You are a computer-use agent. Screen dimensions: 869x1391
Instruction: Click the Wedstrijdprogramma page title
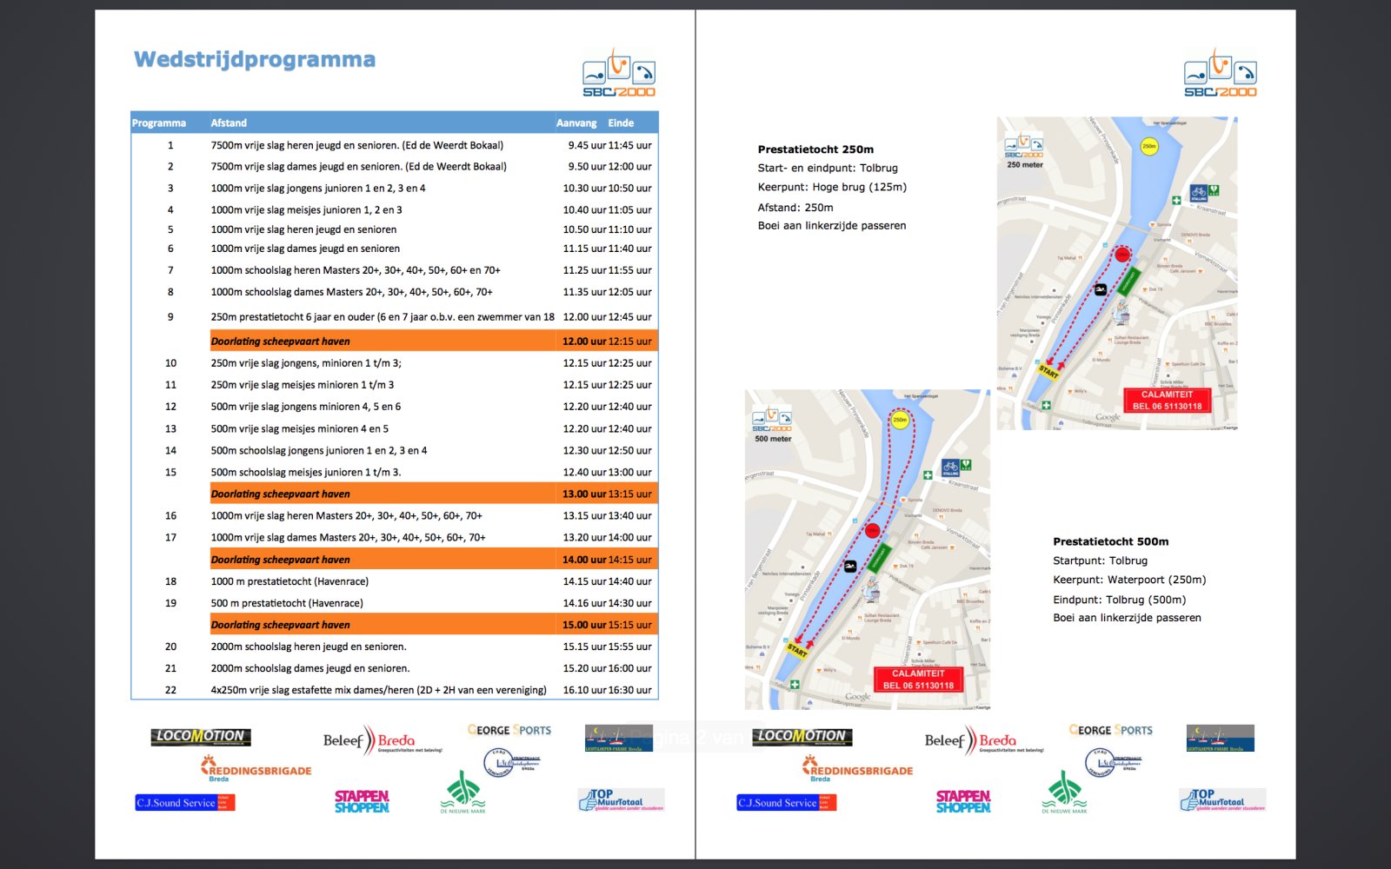(255, 60)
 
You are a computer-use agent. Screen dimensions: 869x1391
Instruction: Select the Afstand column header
(229, 123)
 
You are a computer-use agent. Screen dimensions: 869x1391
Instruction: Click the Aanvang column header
(576, 123)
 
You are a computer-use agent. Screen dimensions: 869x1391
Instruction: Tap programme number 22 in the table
(170, 690)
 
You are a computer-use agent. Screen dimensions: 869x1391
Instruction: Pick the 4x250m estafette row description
(378, 690)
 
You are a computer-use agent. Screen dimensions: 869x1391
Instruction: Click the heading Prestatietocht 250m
(815, 149)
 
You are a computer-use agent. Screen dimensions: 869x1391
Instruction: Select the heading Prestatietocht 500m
(1110, 541)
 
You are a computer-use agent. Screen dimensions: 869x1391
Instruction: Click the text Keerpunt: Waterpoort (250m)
(1129, 580)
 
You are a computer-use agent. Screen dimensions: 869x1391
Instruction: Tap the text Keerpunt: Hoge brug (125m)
(832, 187)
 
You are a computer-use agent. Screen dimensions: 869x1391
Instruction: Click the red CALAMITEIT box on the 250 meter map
(1167, 400)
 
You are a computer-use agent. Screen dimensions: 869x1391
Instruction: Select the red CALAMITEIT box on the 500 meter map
(918, 679)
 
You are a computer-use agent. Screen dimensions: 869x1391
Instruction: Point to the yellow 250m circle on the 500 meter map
(900, 421)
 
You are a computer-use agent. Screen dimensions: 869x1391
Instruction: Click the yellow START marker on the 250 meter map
(1048, 372)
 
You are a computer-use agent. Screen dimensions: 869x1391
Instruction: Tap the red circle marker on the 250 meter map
(1122, 255)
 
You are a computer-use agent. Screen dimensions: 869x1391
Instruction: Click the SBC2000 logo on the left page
(618, 74)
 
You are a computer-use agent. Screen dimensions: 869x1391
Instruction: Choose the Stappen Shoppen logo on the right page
(963, 801)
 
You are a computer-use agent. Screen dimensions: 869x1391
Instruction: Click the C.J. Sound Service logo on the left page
(184, 802)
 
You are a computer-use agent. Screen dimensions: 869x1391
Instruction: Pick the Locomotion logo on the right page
(802, 737)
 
